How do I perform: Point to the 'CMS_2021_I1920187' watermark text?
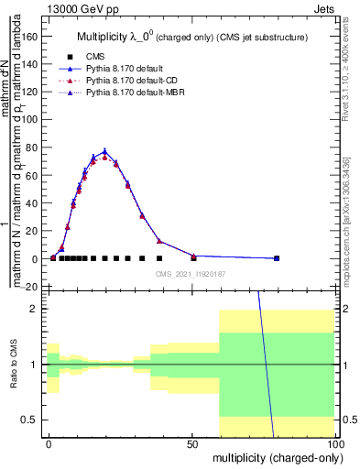[x=191, y=272]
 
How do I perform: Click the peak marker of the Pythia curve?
[x=105, y=152]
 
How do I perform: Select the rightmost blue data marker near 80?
[x=277, y=258]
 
